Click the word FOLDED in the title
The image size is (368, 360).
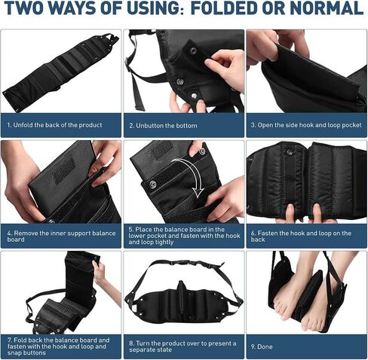tap(224, 8)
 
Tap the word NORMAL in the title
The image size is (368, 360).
tap(327, 8)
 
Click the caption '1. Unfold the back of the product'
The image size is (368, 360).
tap(54, 125)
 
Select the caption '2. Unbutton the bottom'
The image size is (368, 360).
tap(163, 126)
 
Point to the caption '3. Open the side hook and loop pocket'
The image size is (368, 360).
tap(306, 125)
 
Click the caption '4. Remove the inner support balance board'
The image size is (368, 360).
tap(61, 236)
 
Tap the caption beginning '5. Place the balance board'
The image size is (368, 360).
tap(184, 236)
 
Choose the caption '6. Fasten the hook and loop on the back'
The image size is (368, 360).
tap(301, 236)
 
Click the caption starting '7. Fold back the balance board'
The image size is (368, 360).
tap(58, 346)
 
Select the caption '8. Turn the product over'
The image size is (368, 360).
tap(182, 346)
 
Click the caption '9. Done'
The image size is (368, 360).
tap(262, 346)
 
